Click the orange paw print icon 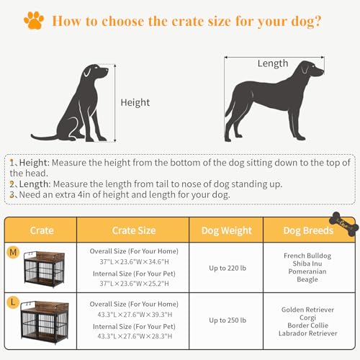pos(33,19)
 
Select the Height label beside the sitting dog pos(135,103)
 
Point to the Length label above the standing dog pos(273,63)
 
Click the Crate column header pos(42,230)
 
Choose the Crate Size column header pos(133,230)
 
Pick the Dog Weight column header pos(226,230)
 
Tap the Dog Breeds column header pos(309,230)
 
